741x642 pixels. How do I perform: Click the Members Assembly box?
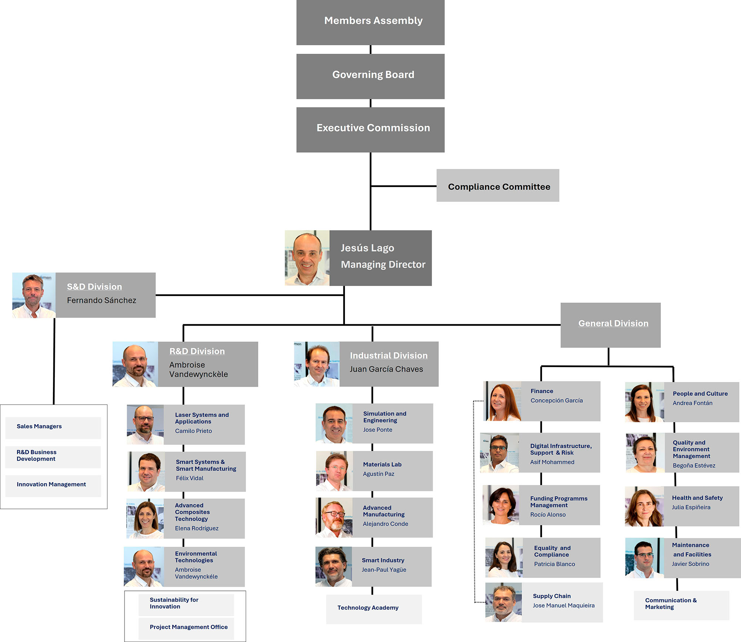coord(370,22)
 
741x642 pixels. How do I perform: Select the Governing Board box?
coord(370,76)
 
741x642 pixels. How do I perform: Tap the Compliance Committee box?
coord(498,186)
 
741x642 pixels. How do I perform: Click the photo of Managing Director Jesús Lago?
coord(307,258)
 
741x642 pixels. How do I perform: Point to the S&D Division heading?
coord(94,287)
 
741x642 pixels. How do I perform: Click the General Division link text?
coord(613,323)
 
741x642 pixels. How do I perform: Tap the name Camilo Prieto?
coord(193,431)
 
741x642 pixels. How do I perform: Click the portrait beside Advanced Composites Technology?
coord(145,518)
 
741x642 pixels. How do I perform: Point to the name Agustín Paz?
coord(378,474)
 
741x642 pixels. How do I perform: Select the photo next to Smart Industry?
coord(333,566)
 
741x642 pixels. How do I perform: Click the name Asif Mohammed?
coord(552,462)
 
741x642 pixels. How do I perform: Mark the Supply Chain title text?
coord(552,596)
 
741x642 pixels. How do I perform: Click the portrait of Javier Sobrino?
coord(644,558)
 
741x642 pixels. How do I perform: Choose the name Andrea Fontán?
coord(692,403)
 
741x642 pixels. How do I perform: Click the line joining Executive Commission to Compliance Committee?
coord(404,186)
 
